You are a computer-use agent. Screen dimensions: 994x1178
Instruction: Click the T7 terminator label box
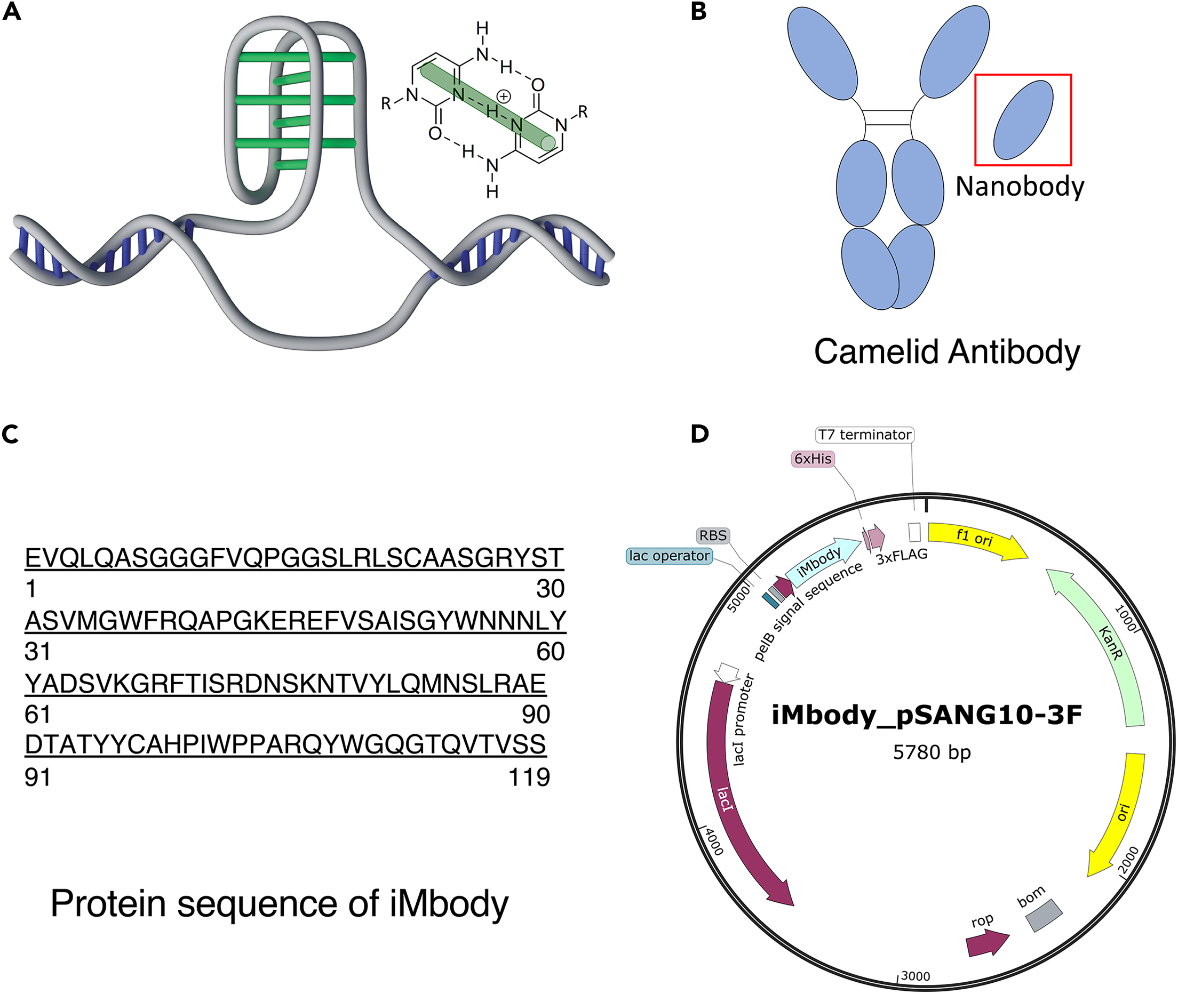tap(864, 435)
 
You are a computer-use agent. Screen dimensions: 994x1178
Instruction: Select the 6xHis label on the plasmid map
tap(812, 459)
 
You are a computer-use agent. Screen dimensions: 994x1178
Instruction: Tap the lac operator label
tap(669, 556)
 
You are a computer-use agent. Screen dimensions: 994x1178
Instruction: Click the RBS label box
tap(713, 536)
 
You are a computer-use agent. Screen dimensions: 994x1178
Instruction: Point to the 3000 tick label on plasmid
tap(916, 976)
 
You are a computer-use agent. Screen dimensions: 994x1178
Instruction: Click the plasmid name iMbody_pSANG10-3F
tap(927, 715)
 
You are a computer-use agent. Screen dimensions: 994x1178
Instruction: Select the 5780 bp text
tap(932, 752)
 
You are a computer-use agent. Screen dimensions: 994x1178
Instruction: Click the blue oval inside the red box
tap(1023, 120)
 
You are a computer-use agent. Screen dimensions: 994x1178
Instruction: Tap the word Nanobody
tap(1020, 187)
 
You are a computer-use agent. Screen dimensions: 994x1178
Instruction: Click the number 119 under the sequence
tap(529, 777)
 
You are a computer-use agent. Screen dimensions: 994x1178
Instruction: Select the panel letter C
tap(10, 435)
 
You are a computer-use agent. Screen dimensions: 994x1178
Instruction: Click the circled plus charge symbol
tap(503, 97)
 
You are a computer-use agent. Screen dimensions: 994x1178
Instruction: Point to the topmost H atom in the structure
tap(482, 28)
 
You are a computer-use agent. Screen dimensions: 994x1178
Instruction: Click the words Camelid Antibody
tap(947, 352)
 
